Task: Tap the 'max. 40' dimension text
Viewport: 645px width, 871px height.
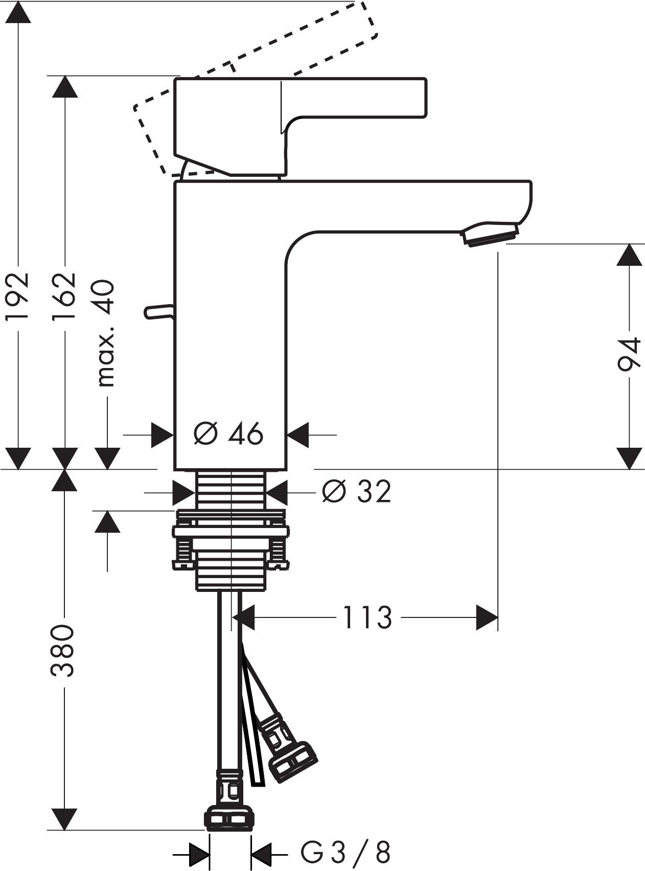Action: (x=106, y=333)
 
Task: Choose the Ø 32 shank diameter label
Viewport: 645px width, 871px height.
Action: (x=357, y=492)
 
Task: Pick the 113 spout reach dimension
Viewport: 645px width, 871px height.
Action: (x=367, y=617)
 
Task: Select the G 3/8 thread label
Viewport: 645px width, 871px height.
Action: (x=345, y=853)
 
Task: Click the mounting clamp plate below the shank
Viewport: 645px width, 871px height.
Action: (x=231, y=532)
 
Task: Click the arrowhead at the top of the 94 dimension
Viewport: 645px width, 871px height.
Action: (x=629, y=254)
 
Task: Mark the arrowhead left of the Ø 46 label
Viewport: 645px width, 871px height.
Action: (x=163, y=435)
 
